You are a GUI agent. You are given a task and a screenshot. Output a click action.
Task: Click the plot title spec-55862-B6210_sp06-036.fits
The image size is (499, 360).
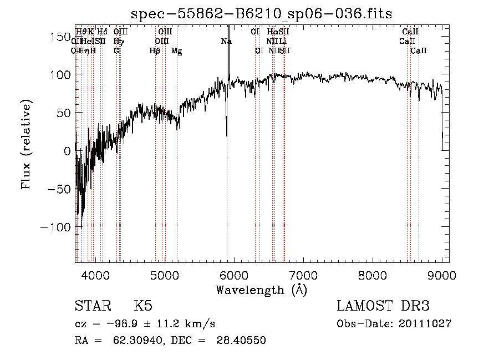(261, 13)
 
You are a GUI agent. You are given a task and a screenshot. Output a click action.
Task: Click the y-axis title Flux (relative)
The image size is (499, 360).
(26, 144)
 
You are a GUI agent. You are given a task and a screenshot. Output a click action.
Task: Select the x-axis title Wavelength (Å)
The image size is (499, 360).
(261, 290)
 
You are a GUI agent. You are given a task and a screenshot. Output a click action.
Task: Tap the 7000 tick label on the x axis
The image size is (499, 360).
(303, 275)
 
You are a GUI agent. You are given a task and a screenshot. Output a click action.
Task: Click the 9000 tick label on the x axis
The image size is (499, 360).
(442, 275)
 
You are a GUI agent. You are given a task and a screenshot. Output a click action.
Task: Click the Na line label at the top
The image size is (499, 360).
(226, 42)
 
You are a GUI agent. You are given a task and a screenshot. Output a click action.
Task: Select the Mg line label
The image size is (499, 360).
(177, 51)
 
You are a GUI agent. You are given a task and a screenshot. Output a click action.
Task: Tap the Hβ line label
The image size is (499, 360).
(155, 51)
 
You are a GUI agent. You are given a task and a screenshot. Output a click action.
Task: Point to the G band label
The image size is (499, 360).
(116, 51)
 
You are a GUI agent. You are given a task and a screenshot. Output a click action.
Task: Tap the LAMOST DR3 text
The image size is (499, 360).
(383, 306)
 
